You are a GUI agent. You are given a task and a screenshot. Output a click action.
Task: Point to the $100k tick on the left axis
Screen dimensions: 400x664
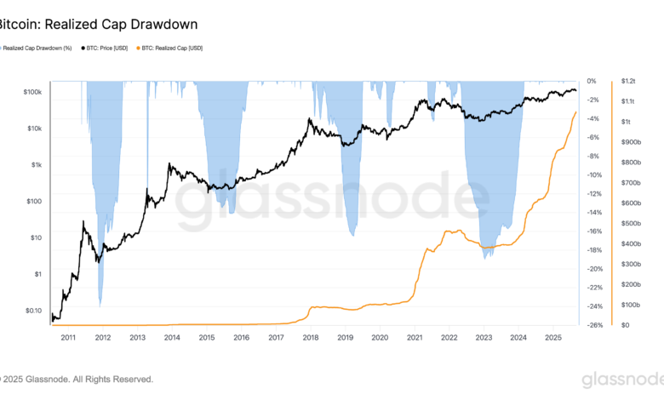click(31, 92)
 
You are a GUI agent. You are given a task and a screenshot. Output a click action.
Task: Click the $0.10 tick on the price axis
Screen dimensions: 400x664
click(31, 311)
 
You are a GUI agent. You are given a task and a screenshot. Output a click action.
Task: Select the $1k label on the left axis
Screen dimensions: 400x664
click(36, 165)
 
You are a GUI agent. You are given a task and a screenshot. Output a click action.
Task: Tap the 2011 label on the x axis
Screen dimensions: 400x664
click(68, 338)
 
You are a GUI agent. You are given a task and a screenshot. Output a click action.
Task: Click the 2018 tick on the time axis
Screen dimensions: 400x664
click(311, 338)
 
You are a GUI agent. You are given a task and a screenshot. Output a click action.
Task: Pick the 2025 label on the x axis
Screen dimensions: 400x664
click(552, 338)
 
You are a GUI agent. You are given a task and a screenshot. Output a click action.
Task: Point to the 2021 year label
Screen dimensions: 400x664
click(415, 338)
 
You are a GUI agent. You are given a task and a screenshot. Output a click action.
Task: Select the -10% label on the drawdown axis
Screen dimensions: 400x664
click(595, 175)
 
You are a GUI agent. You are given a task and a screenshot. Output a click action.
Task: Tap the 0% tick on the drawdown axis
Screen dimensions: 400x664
click(592, 82)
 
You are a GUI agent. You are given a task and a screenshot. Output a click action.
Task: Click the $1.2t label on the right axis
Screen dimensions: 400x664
click(628, 82)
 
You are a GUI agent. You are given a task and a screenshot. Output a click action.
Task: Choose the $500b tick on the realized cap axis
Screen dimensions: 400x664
click(630, 224)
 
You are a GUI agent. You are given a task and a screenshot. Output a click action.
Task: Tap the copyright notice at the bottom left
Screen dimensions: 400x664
click(77, 380)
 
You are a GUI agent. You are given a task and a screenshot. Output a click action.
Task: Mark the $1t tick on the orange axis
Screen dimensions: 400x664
click(626, 122)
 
